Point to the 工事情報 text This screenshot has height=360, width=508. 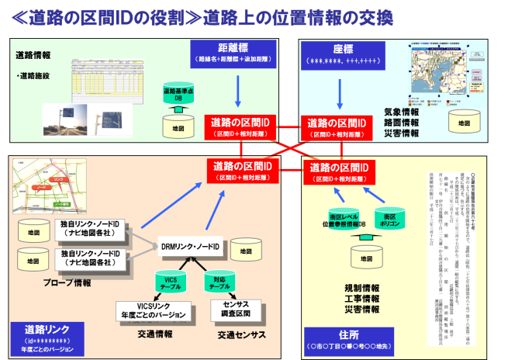361,298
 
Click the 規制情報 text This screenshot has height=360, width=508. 361,287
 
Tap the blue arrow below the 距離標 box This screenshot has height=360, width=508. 236,88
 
